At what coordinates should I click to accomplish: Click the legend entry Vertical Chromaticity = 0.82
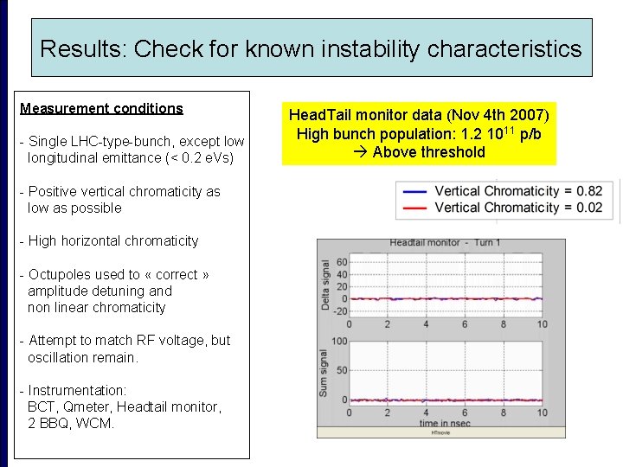tap(518, 191)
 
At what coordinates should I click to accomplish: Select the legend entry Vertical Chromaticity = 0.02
tap(518, 208)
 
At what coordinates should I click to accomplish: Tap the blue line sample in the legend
tap(415, 191)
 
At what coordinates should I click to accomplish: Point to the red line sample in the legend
tap(415, 208)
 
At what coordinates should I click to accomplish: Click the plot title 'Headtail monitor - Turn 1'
tap(445, 243)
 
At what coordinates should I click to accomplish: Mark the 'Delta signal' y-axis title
tap(326, 285)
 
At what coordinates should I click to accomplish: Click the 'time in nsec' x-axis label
tap(445, 424)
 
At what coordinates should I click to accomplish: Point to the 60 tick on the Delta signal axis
tap(341, 261)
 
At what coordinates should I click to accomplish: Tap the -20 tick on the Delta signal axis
tap(339, 311)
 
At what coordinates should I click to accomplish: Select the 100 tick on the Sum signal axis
tap(339, 342)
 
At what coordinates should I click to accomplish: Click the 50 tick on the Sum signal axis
tap(341, 371)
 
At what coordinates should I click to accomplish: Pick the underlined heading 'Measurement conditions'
tap(101, 109)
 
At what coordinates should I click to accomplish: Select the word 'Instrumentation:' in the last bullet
tap(77, 391)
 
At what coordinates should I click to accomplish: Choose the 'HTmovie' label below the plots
tap(440, 432)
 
